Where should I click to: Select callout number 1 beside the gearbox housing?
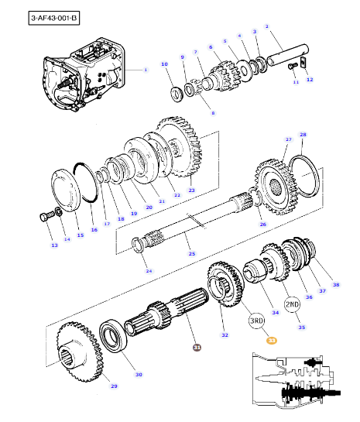[144, 70]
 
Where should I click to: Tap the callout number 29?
[113, 386]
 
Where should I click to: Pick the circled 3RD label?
[257, 321]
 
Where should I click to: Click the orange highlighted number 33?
[271, 340]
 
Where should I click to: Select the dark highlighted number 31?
[197, 347]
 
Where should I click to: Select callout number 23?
[191, 190]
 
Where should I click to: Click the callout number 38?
[336, 285]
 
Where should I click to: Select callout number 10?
[163, 63]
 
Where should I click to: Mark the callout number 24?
[149, 271]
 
